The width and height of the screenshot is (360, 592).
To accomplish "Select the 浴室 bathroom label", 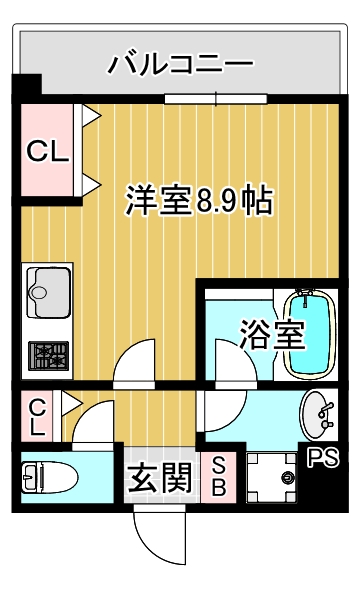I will point(272,334).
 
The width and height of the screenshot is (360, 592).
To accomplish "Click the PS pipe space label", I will point(322,459).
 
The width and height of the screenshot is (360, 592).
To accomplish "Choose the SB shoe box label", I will point(217,478).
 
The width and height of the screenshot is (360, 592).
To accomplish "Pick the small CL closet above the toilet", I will point(38,417).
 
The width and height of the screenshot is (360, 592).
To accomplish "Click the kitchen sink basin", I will point(47,291).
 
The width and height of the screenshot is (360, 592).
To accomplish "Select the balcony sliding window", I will point(218,98).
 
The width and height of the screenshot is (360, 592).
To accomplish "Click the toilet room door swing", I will point(92,424).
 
